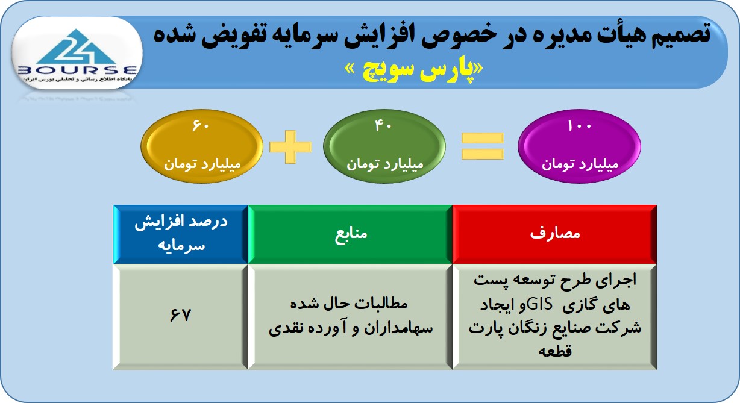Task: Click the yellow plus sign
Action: [x=290, y=147]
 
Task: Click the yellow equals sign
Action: [x=483, y=146]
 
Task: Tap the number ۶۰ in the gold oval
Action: [x=201, y=125]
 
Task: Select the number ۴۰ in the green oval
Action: [x=383, y=125]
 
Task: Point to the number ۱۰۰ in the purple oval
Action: [x=579, y=125]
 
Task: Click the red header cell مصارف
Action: [x=554, y=234]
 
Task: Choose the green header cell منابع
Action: [x=350, y=234]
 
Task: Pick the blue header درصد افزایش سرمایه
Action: [x=181, y=234]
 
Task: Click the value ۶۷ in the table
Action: [x=180, y=315]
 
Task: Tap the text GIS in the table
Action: [x=539, y=304]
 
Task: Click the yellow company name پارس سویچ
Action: [x=413, y=70]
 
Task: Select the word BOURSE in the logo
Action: [x=77, y=70]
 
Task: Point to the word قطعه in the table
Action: [x=555, y=351]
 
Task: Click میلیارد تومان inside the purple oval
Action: [x=580, y=164]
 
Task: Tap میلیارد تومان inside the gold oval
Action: [x=202, y=164]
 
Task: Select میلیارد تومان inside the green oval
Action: [x=385, y=164]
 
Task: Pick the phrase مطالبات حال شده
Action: [x=349, y=304]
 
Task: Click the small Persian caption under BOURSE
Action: [x=77, y=80]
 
